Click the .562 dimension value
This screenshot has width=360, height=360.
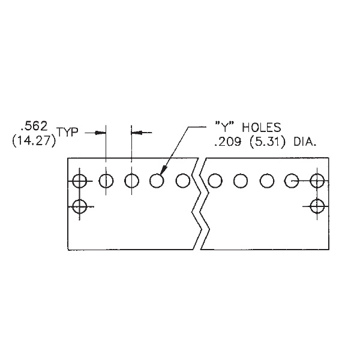(x=34, y=126)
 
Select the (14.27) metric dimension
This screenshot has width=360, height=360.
(x=34, y=140)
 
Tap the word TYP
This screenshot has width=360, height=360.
(x=67, y=132)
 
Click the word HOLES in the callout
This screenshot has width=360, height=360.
(x=262, y=127)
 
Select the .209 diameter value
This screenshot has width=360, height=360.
(x=228, y=142)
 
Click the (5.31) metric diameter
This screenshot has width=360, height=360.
(x=268, y=142)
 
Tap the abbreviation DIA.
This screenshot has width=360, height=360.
(x=305, y=142)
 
